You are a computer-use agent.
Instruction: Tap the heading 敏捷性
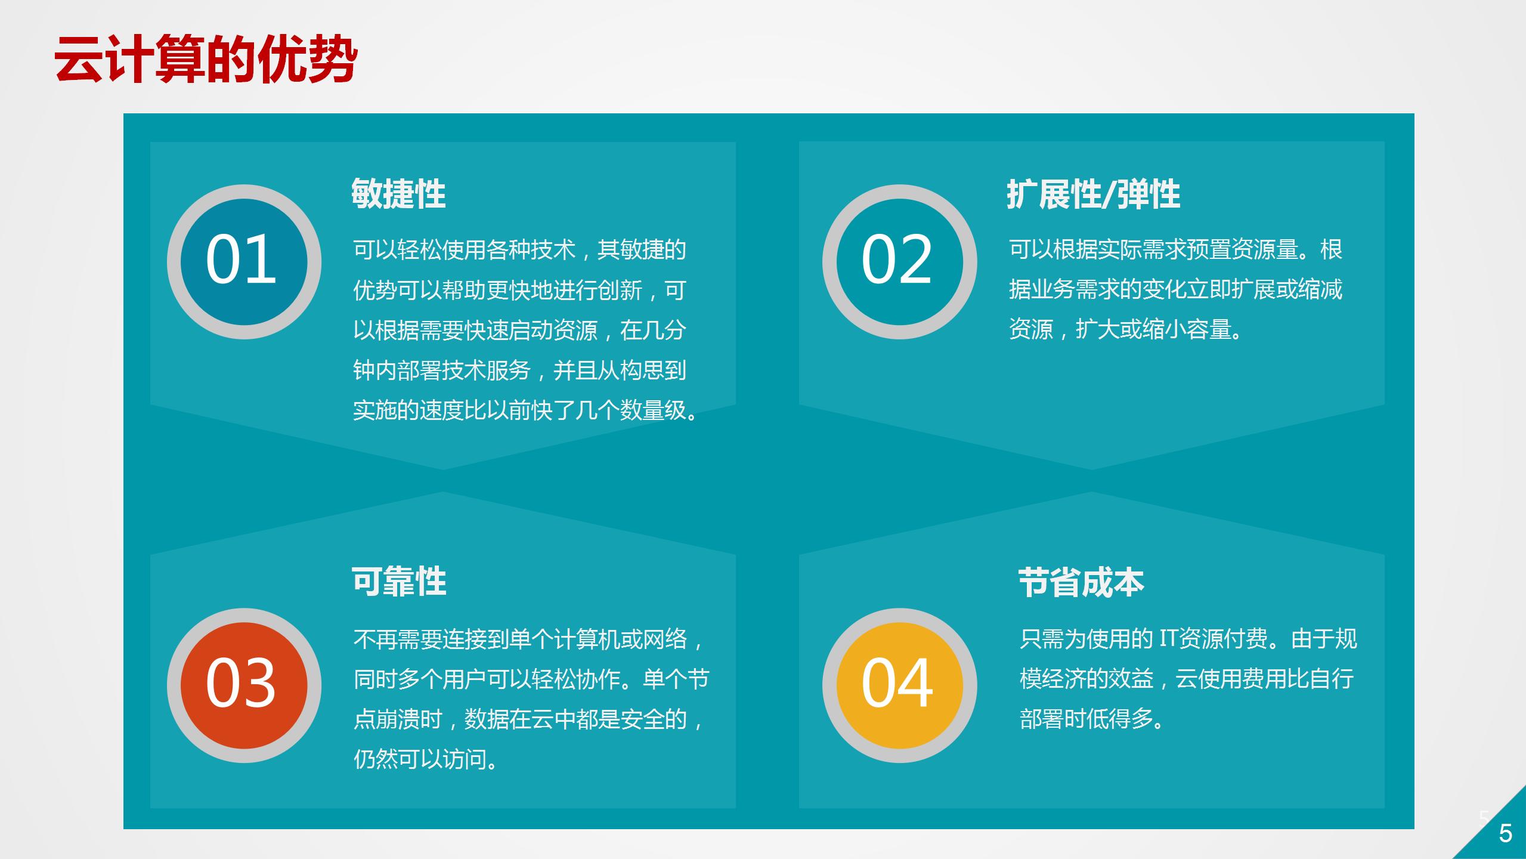(x=398, y=193)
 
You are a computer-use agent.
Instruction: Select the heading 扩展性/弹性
(x=1093, y=194)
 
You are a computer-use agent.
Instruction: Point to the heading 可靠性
(x=398, y=581)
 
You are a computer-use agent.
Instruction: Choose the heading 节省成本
(x=1081, y=582)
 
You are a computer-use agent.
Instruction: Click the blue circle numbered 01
(x=244, y=261)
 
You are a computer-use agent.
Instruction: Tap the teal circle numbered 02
(x=899, y=261)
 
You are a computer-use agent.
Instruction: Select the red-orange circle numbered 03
(x=244, y=685)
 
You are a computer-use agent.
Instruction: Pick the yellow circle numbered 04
(x=899, y=685)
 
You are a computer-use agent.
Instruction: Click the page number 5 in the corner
(x=1506, y=833)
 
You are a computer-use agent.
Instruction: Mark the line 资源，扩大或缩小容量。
(x=1126, y=329)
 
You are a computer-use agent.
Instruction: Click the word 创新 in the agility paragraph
(x=620, y=290)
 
